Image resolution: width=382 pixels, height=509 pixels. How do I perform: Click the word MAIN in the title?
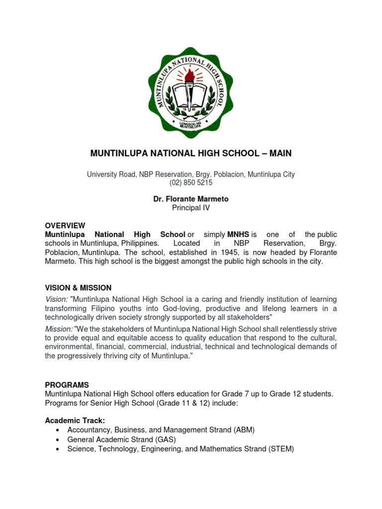pyautogui.click(x=281, y=154)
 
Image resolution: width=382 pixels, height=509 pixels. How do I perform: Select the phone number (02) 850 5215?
pyautogui.click(x=191, y=183)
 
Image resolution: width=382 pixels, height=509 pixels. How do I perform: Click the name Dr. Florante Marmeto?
pyautogui.click(x=191, y=199)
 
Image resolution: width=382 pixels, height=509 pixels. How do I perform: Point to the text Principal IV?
pyautogui.click(x=191, y=208)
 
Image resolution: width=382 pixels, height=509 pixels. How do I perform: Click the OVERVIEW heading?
pyautogui.click(x=65, y=225)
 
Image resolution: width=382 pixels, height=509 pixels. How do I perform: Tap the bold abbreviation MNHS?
pyautogui.click(x=238, y=234)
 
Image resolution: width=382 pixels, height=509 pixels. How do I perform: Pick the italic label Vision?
pyautogui.click(x=56, y=299)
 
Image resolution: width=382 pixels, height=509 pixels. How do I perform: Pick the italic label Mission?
pyautogui.click(x=59, y=329)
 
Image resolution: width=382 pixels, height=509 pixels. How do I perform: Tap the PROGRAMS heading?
pyautogui.click(x=67, y=385)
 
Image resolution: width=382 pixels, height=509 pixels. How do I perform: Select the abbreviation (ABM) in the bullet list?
pyautogui.click(x=243, y=430)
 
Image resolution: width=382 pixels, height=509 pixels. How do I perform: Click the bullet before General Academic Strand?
pyautogui.click(x=58, y=440)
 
